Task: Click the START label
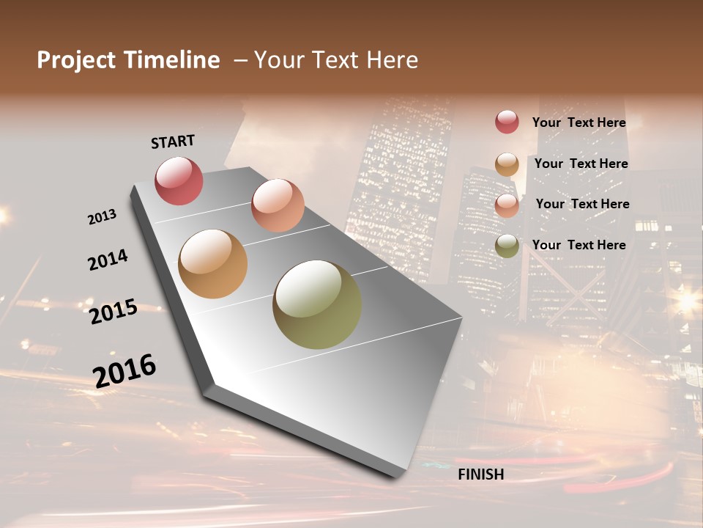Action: point(173,142)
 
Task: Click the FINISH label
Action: point(480,474)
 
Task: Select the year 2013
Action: point(103,216)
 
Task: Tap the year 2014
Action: point(108,260)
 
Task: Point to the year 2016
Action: point(124,370)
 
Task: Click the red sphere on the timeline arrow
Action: point(179,180)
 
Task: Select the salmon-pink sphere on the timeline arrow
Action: point(278,205)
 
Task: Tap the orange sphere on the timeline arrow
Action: point(213,264)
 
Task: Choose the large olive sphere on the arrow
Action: point(317,304)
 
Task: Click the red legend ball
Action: point(507,122)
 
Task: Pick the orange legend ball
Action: point(507,164)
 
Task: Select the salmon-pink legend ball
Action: point(507,205)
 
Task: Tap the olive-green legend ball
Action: point(507,246)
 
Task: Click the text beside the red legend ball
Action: point(579,122)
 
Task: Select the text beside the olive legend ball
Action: point(579,245)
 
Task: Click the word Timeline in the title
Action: point(174,60)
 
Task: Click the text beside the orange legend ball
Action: point(581,164)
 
